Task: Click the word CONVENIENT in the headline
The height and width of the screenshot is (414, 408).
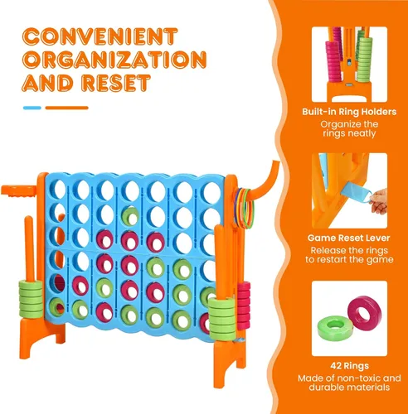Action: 100,36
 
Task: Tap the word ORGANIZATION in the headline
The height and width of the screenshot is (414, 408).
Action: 114,60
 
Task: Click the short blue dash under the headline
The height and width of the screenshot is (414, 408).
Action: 32,108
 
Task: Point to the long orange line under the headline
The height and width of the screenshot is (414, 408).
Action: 66,108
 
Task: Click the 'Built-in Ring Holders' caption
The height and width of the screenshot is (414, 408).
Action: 349,112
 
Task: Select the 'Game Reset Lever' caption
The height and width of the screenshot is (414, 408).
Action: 349,238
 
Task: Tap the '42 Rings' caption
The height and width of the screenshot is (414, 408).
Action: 349,366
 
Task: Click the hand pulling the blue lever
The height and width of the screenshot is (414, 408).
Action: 379,200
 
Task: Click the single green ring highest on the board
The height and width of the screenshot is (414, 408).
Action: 130,216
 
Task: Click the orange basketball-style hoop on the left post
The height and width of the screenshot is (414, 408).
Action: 19,190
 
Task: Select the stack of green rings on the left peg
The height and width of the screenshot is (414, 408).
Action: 31,300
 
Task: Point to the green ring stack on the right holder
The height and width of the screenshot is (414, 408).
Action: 222,319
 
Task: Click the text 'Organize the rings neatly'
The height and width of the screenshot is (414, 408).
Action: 349,129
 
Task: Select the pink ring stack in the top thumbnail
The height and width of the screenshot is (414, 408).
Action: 334,56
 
